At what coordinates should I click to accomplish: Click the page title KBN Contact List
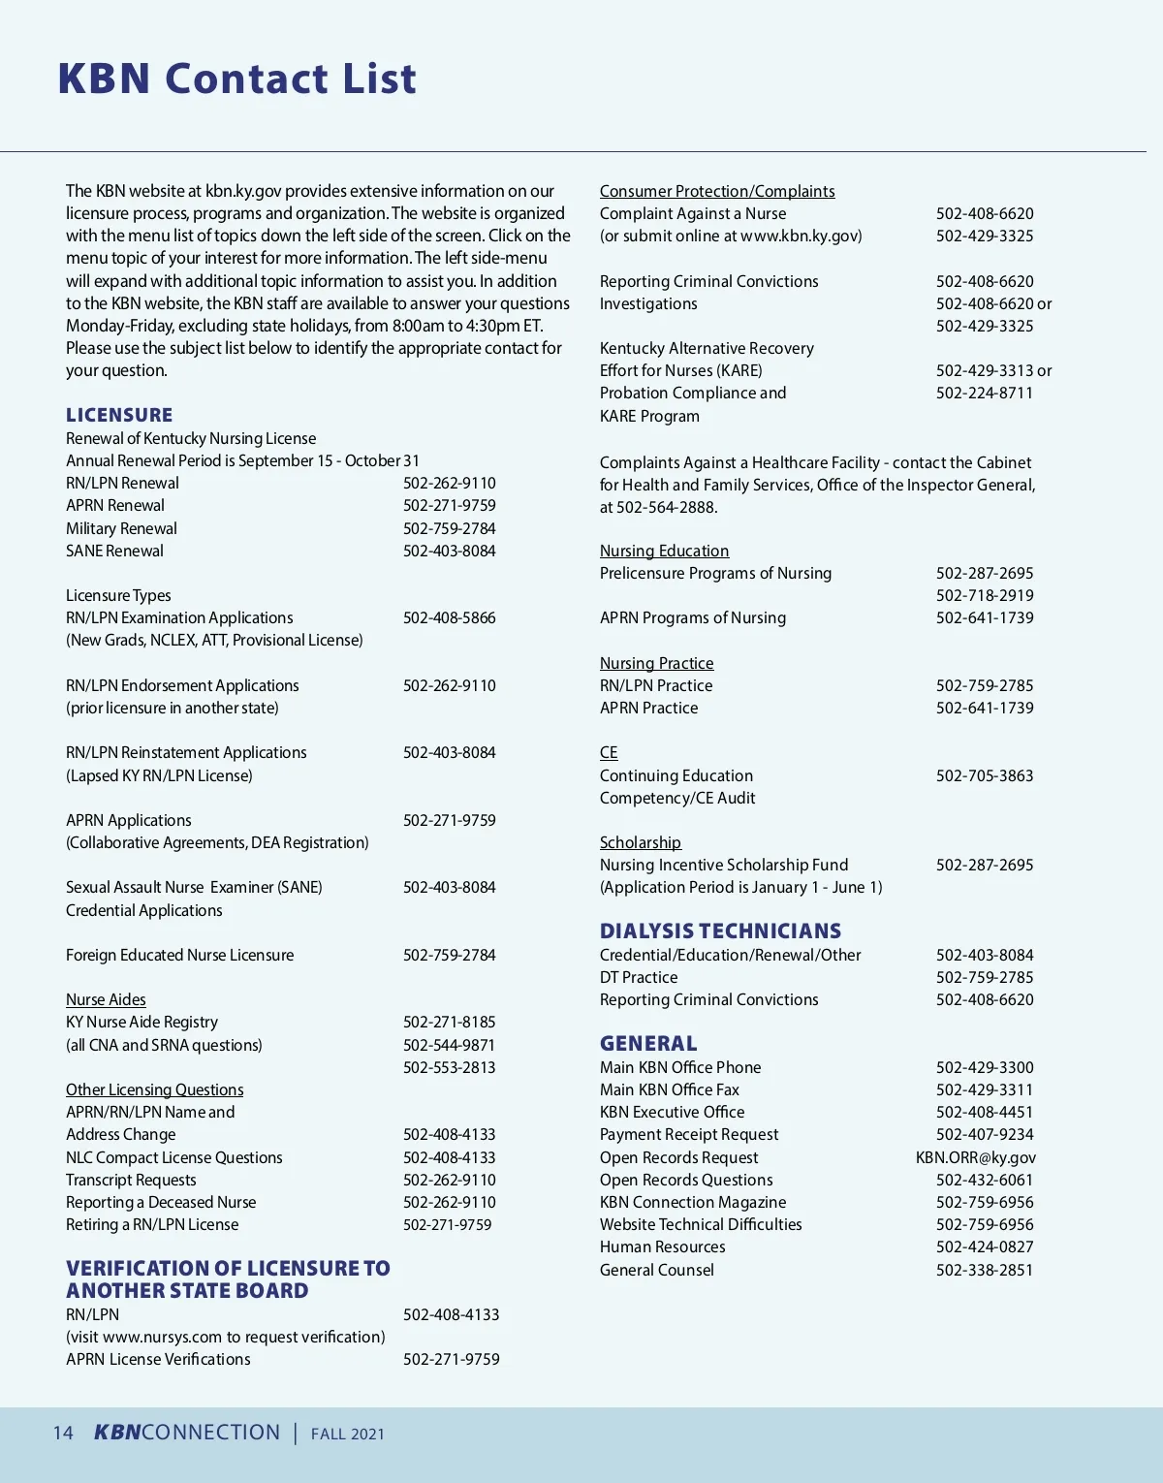pos(236,79)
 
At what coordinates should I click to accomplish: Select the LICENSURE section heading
pos(119,415)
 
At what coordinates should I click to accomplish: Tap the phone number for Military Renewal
pos(449,528)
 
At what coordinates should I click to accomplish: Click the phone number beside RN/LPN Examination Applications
pos(449,617)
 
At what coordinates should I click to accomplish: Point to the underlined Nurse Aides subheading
pos(106,999)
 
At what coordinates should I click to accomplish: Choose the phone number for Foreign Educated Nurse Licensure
pos(449,955)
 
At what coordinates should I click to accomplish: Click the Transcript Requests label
pos(131,1180)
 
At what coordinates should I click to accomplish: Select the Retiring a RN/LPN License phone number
pos(447,1224)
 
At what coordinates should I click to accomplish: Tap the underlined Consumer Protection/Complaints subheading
pos(717,191)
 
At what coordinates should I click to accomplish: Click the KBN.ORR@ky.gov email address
pos(975,1157)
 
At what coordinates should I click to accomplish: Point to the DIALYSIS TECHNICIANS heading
pos(720,931)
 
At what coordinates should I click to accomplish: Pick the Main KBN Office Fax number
pos(985,1089)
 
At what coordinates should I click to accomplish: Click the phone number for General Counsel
pos(985,1270)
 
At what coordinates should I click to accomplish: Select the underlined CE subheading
pos(609,752)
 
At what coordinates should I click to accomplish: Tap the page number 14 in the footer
pos(63,1433)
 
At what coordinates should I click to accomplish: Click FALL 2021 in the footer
pos(348,1434)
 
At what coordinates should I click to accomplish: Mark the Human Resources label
pos(663,1246)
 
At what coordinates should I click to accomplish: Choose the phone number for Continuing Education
pos(985,775)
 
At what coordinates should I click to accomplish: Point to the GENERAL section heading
pos(648,1044)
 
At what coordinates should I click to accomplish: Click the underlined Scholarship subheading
pos(641,842)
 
